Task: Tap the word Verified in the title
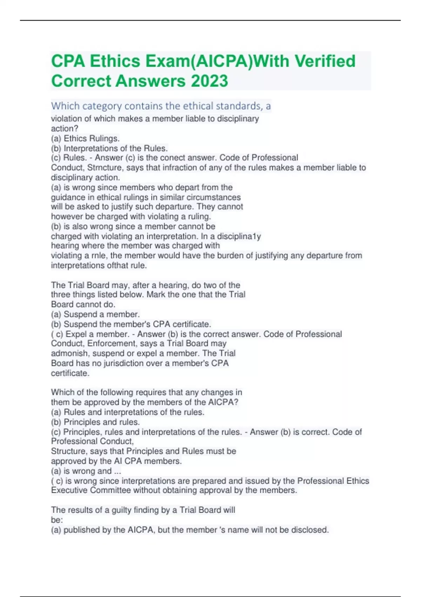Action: [325, 61]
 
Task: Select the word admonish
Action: [70, 353]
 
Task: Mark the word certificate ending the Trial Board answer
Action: [70, 373]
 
